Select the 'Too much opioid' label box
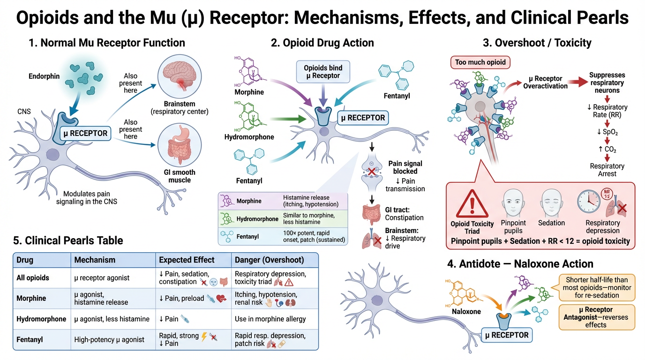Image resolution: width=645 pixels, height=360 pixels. (480, 62)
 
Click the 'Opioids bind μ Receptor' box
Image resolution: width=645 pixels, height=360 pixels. (322, 71)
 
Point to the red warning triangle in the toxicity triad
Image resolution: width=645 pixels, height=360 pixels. (472, 203)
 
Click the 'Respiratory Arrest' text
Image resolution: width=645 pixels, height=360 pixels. (607, 170)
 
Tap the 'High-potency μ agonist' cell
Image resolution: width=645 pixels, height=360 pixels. (109, 339)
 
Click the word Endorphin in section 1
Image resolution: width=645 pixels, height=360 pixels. (44, 76)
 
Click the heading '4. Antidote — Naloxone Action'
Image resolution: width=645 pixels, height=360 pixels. (520, 264)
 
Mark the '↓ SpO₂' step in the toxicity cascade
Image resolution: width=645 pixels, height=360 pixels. (607, 133)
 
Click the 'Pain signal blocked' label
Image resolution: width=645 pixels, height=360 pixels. (405, 167)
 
